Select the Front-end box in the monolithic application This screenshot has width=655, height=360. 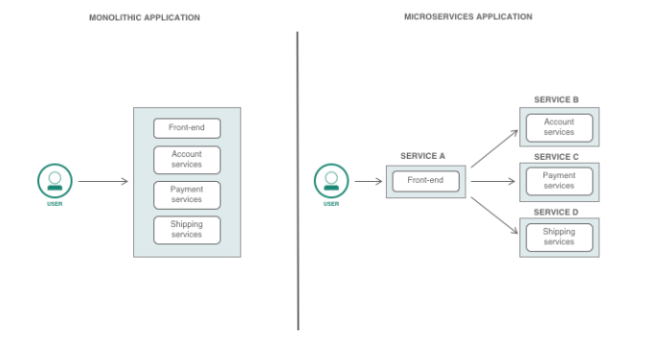pos(187,128)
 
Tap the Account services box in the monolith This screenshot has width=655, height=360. pos(187,159)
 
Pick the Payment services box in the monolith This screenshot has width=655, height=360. pos(187,194)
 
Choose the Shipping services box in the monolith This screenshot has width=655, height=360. pos(187,230)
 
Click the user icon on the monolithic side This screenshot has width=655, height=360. pos(55,180)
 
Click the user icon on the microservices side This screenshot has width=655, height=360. pos(331,180)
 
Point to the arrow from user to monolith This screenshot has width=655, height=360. pos(102,181)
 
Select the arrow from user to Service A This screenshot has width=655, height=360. pos(368,181)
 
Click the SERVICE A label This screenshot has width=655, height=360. pos(422,155)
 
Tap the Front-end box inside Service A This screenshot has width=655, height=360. pos(425,181)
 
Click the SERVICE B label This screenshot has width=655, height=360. pos(556,100)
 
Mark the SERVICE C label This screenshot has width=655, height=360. pos(556,156)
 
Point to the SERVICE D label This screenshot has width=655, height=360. pos(556,212)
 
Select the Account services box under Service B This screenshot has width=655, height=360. pos(559,127)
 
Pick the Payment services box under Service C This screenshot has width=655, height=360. pos(559,181)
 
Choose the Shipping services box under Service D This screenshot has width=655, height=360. pos(559,236)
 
